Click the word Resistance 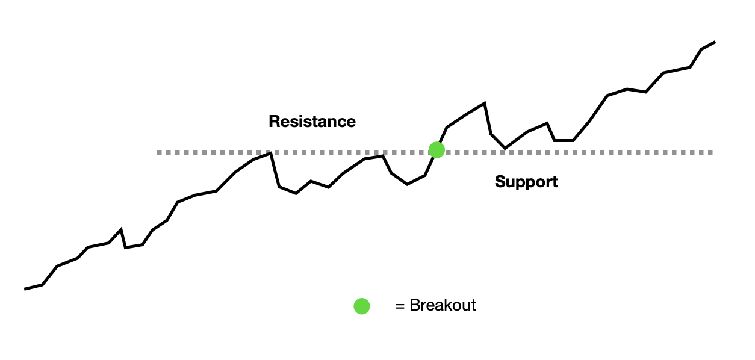coord(312,122)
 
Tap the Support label coord(526,182)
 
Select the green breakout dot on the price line coord(437,150)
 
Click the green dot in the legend coord(362,306)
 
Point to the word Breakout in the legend coord(443,305)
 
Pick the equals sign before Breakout coord(399,306)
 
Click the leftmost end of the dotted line coord(158,152)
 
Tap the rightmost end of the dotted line coord(712,152)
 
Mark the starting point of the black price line coord(25,289)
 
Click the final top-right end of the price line coord(715,42)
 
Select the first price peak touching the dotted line coord(270,154)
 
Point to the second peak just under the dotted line coord(382,156)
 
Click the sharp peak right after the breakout coord(484,103)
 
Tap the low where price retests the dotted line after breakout coord(505,148)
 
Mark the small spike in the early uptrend coord(120,229)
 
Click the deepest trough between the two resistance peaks coord(296,193)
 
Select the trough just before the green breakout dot coord(407,184)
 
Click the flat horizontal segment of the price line coord(564,140)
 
